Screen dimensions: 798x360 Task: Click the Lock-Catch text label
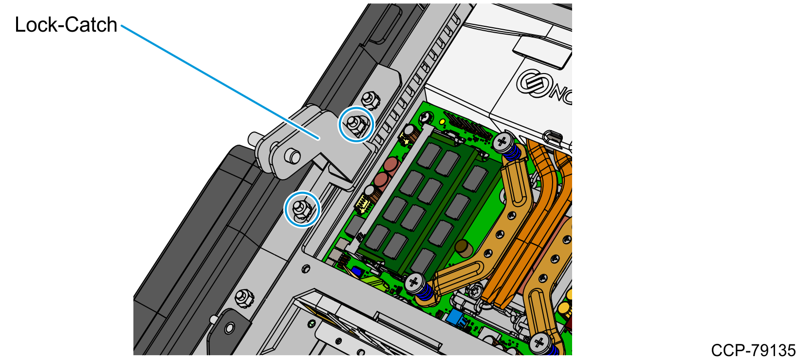pos(66,25)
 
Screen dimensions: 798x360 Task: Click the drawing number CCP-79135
pos(753,350)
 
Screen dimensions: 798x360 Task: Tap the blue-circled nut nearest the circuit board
pos(356,125)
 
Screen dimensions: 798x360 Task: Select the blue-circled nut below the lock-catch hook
pos(302,209)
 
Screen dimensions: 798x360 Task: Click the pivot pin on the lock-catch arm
pos(293,156)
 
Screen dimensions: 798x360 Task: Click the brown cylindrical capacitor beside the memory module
pos(464,248)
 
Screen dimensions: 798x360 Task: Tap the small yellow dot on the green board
pos(442,122)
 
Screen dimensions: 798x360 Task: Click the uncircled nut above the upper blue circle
pos(371,100)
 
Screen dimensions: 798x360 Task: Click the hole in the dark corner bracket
pos(230,327)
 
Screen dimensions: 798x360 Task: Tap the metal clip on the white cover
pos(552,137)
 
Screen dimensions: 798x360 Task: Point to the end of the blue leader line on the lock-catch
pos(319,139)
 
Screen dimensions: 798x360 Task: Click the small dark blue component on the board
pos(356,272)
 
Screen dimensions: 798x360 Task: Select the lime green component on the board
pos(374,282)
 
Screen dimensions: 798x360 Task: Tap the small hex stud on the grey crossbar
pos(305,268)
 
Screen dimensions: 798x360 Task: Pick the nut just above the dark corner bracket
pos(244,298)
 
